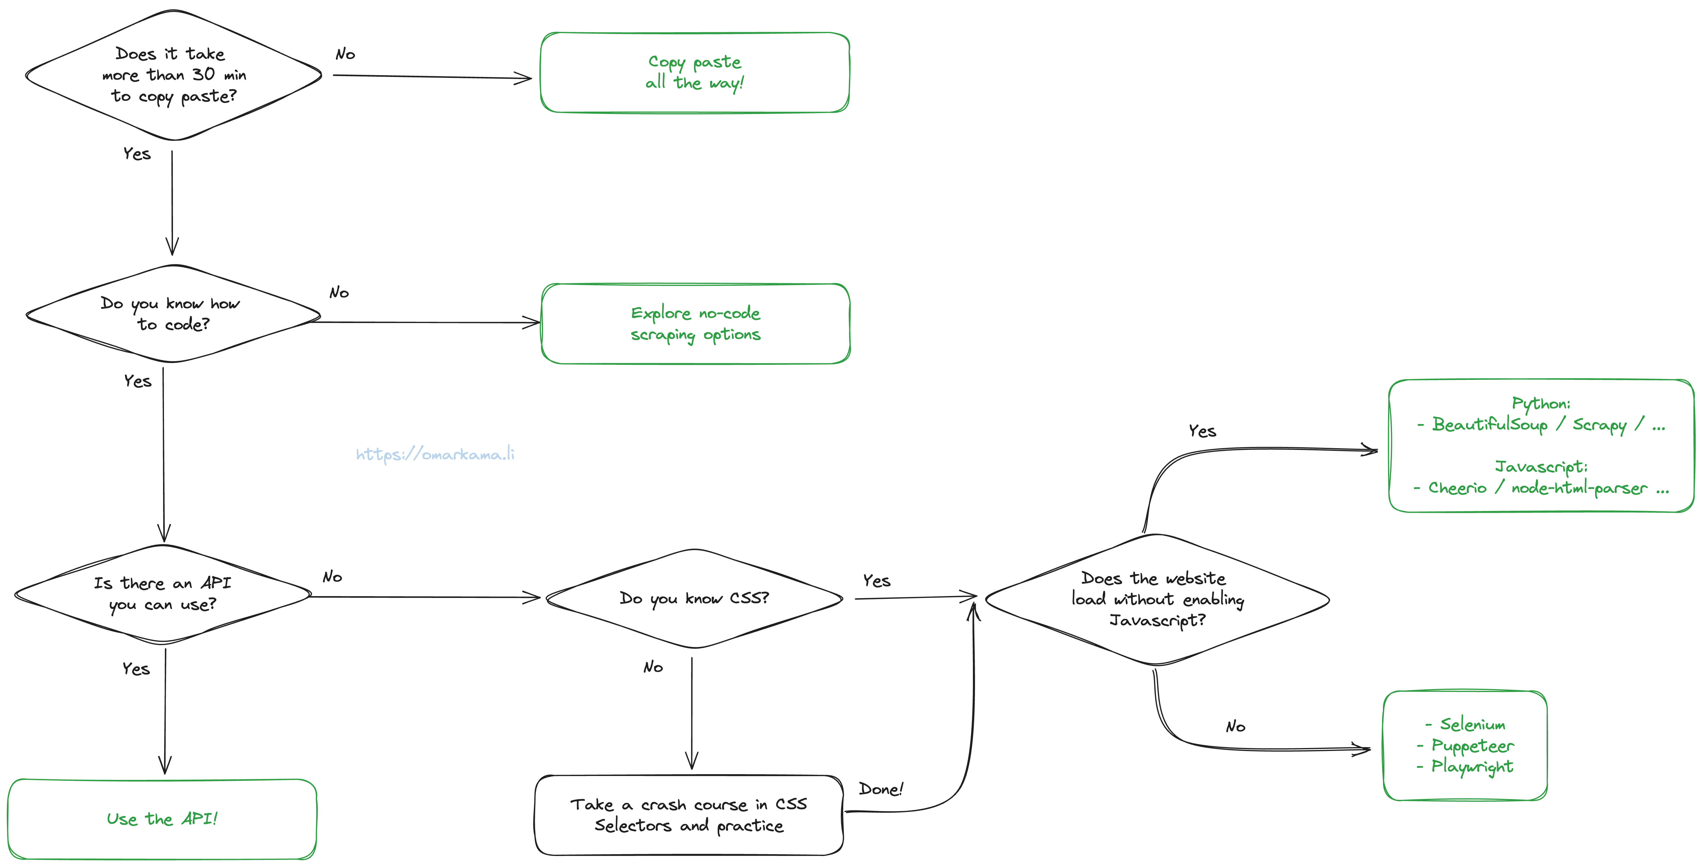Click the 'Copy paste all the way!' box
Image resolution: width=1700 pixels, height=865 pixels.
(694, 72)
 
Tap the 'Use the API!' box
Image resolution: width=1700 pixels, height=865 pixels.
(162, 819)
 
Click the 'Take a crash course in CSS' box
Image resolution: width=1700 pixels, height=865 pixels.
(688, 815)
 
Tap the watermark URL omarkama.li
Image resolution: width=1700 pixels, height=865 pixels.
(435, 454)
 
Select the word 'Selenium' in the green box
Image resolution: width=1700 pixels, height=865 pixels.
(1472, 725)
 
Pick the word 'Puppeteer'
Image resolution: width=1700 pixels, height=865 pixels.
(1472, 746)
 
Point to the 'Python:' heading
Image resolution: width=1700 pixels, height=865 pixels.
(1541, 403)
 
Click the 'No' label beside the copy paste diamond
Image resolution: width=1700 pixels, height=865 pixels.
(345, 54)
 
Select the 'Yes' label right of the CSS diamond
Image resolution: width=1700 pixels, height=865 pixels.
(876, 580)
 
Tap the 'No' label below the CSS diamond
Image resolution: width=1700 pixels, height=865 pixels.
(653, 667)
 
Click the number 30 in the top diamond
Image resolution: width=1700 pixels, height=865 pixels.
(203, 75)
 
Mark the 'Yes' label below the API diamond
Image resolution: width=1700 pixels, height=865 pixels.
(136, 669)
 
